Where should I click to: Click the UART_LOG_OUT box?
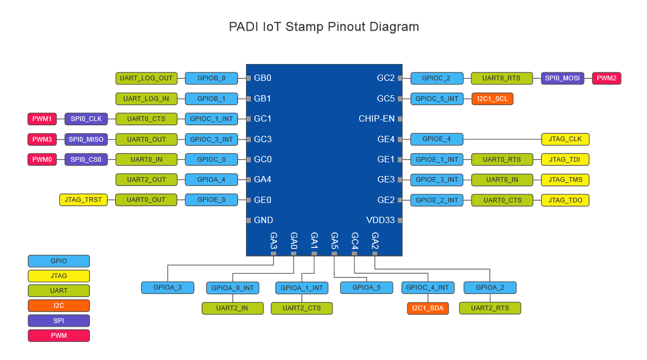(x=146, y=78)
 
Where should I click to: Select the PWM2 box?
(x=606, y=78)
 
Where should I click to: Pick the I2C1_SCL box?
(x=493, y=99)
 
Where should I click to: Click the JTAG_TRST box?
(x=83, y=200)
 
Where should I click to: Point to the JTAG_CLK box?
(x=565, y=140)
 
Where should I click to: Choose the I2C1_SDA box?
(x=428, y=308)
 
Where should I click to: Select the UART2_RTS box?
(x=490, y=308)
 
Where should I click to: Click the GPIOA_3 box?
(x=167, y=288)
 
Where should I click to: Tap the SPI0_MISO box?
(x=86, y=140)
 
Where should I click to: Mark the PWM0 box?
(x=42, y=159)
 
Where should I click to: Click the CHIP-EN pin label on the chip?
(x=377, y=119)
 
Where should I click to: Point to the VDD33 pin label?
(x=380, y=220)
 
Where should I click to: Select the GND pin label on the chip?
(x=263, y=220)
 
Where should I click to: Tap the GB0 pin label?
(x=262, y=78)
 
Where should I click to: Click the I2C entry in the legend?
(x=59, y=306)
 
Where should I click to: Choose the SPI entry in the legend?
(x=59, y=320)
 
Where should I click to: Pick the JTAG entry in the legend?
(x=59, y=276)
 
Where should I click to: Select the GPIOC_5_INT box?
(x=436, y=99)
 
